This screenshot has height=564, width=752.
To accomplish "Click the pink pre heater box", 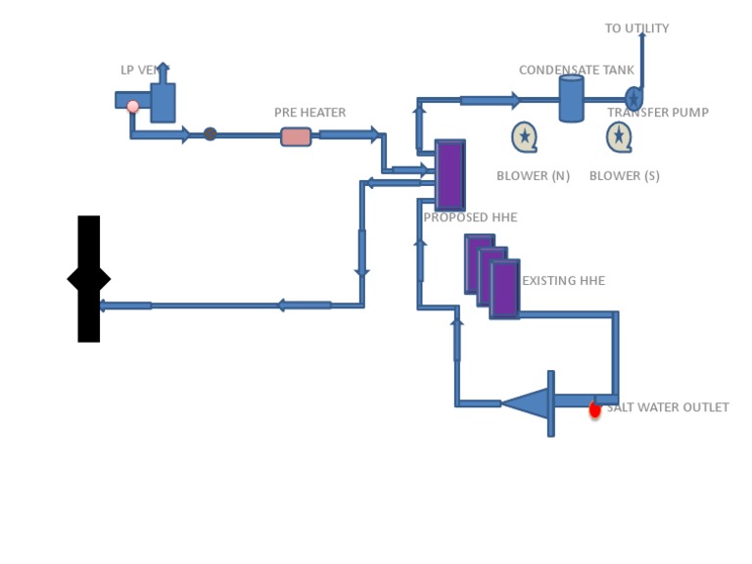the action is coord(296,137).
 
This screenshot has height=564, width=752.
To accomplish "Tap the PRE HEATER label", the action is coord(309,113).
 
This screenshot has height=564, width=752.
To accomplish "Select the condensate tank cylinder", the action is coord(572,98).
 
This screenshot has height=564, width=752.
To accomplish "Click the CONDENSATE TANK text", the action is coord(577,70).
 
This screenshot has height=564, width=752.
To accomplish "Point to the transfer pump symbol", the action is coord(634,99).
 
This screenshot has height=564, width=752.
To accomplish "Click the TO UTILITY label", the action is coord(636,28).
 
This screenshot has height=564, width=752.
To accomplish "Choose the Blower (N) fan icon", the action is coord(525,137).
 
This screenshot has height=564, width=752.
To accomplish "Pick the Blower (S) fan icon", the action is coord(619,137).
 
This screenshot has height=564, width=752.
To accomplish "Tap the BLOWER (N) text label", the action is coord(533,176).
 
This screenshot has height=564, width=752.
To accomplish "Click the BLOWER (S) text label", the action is coord(625,176).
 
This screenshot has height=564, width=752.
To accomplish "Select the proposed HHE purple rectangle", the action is coord(449,175).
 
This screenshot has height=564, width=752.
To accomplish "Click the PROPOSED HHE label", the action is coord(470,217).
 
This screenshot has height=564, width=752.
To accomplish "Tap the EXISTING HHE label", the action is coord(563,281).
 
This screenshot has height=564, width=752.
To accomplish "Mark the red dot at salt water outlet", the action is coord(594,410).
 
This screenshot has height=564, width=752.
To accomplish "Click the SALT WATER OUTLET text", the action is coord(668,407).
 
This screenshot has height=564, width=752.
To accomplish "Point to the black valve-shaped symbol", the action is coord(89,279).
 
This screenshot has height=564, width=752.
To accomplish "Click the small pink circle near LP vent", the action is coord(133,106).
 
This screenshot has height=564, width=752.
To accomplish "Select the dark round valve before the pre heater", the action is coord(211,134).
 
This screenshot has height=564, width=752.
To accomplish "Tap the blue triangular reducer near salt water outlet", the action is coord(525,403).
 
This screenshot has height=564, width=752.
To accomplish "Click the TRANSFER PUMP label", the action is coord(658,113).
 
